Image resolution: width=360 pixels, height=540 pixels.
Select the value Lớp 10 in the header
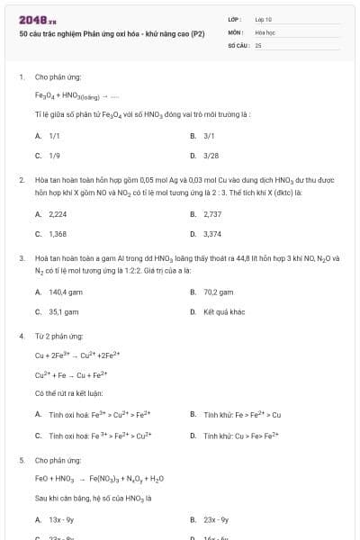coord(263,18)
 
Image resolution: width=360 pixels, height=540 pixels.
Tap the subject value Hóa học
coord(265,31)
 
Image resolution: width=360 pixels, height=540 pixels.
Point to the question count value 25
coord(258,44)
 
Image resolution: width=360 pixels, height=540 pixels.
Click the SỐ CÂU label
coord(238,44)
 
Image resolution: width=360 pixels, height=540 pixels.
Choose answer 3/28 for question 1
coord(211,155)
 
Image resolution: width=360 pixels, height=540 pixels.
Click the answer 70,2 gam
coord(219,292)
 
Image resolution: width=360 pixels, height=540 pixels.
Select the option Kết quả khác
coord(223,311)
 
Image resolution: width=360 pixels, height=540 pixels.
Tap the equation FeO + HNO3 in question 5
coord(99,478)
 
